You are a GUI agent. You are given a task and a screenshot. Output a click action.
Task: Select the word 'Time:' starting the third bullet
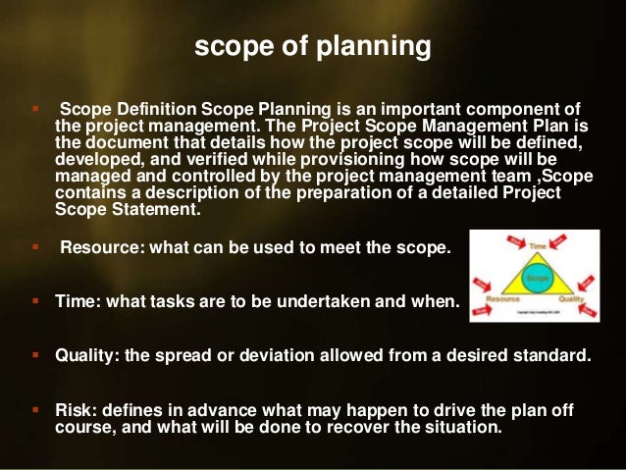(76, 301)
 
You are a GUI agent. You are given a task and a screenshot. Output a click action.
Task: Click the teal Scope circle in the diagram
(535, 279)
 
